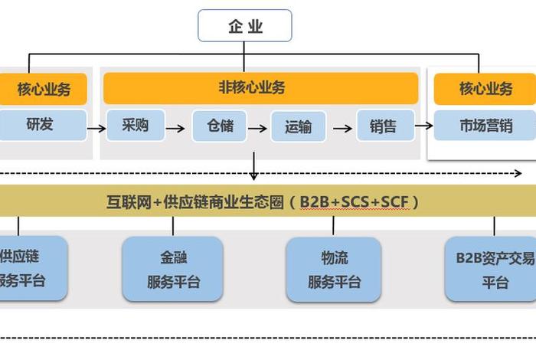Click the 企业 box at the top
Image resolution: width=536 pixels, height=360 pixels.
tap(245, 26)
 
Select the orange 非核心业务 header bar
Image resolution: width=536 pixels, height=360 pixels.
tap(260, 88)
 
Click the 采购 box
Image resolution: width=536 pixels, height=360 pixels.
tap(135, 126)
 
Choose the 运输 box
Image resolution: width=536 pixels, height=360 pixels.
tap(298, 127)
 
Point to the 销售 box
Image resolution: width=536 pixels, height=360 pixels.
tap(384, 126)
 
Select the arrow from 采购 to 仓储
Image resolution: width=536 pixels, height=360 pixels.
tap(175, 128)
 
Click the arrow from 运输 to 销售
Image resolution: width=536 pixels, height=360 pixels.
tap(342, 128)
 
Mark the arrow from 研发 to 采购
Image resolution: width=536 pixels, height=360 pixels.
tap(96, 128)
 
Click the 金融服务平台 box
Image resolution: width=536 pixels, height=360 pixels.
tap(173, 269)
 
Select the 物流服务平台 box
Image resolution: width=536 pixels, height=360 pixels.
tap(333, 269)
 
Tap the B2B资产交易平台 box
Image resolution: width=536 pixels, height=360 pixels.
tap(492, 269)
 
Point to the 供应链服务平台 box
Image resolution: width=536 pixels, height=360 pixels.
tap(31, 269)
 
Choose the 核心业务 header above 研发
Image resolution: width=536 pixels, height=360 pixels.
tap(44, 89)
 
